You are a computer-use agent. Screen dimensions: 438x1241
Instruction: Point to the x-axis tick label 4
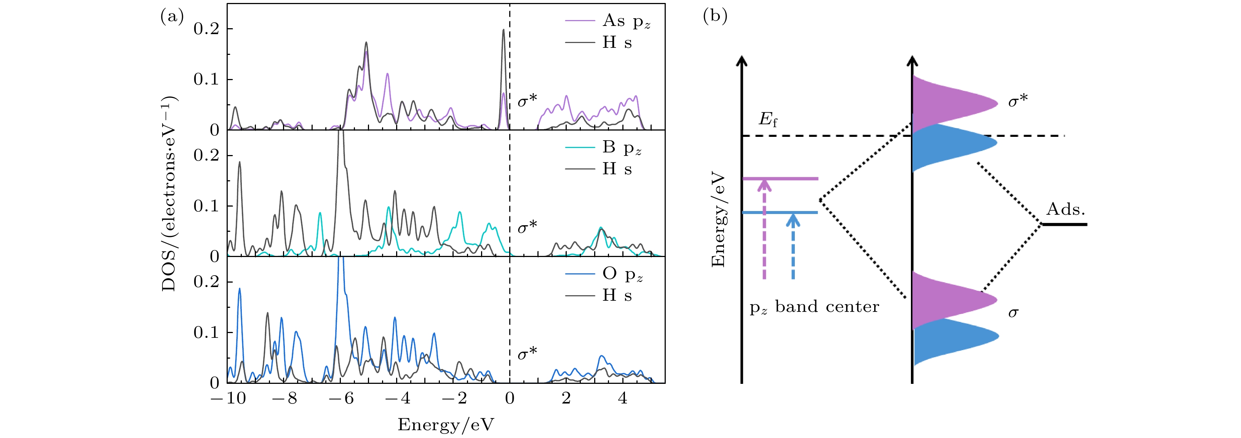622,398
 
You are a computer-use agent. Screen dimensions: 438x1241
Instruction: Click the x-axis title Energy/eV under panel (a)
445,425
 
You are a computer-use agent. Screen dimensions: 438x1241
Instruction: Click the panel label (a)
172,17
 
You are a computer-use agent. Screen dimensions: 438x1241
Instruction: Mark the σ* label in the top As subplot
527,101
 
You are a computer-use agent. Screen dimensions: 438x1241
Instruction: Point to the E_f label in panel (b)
768,119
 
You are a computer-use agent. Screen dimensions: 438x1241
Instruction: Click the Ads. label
1066,210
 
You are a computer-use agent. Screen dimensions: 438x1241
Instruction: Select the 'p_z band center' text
814,307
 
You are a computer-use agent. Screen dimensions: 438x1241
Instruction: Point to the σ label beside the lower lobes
1014,313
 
